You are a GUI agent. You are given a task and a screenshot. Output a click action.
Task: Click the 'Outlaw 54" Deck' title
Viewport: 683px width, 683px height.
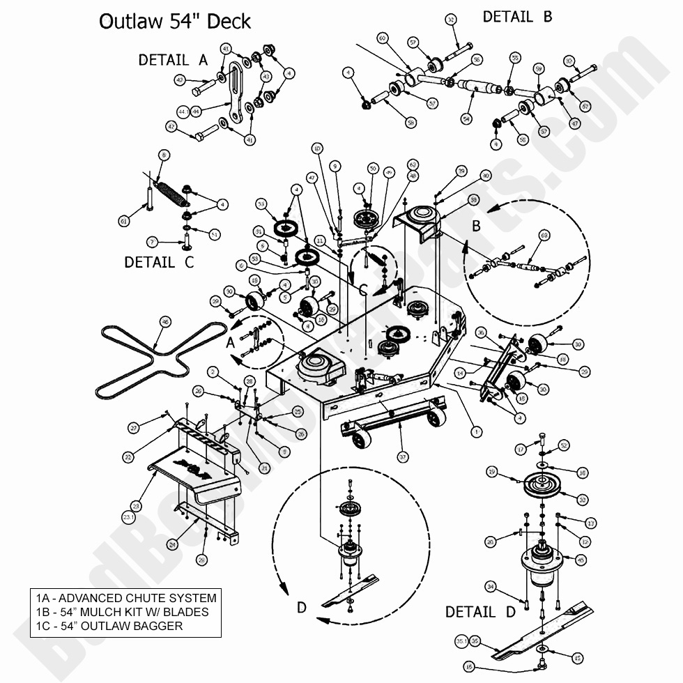(x=174, y=21)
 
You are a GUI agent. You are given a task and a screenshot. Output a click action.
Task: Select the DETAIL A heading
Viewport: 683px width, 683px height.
(x=173, y=60)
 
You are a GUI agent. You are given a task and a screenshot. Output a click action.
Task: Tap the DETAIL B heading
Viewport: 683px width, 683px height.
(x=516, y=16)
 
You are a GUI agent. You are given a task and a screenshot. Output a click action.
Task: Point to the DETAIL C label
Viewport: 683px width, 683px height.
(x=159, y=262)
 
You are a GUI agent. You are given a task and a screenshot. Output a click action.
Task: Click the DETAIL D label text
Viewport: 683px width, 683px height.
(x=480, y=612)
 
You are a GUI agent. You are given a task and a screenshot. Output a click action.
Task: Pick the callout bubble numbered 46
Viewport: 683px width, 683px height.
(x=164, y=321)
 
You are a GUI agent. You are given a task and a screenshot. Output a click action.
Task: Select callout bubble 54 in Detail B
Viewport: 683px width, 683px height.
(x=466, y=118)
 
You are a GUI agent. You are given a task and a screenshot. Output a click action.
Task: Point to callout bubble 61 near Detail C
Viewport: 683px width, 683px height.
(x=124, y=221)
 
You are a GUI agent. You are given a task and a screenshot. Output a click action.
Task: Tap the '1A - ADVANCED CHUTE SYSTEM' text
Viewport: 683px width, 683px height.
(x=126, y=598)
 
